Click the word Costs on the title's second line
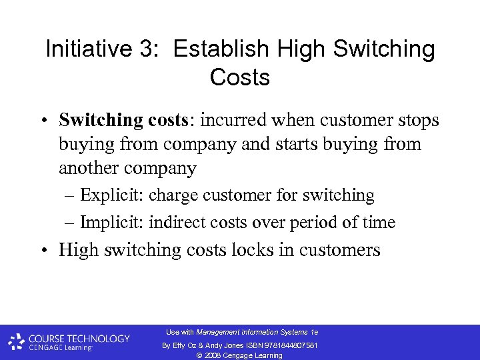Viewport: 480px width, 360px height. click(x=239, y=77)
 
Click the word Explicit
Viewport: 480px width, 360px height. click(x=111, y=195)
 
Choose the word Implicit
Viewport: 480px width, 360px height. click(x=111, y=222)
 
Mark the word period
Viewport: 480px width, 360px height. click(x=311, y=222)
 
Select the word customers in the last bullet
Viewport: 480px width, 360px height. click(x=340, y=250)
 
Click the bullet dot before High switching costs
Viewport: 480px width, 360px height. click(x=42, y=251)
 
